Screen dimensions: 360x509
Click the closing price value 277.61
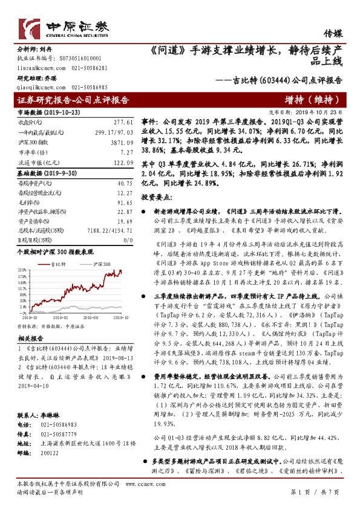[123, 122]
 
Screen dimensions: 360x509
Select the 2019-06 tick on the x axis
[90, 316]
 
